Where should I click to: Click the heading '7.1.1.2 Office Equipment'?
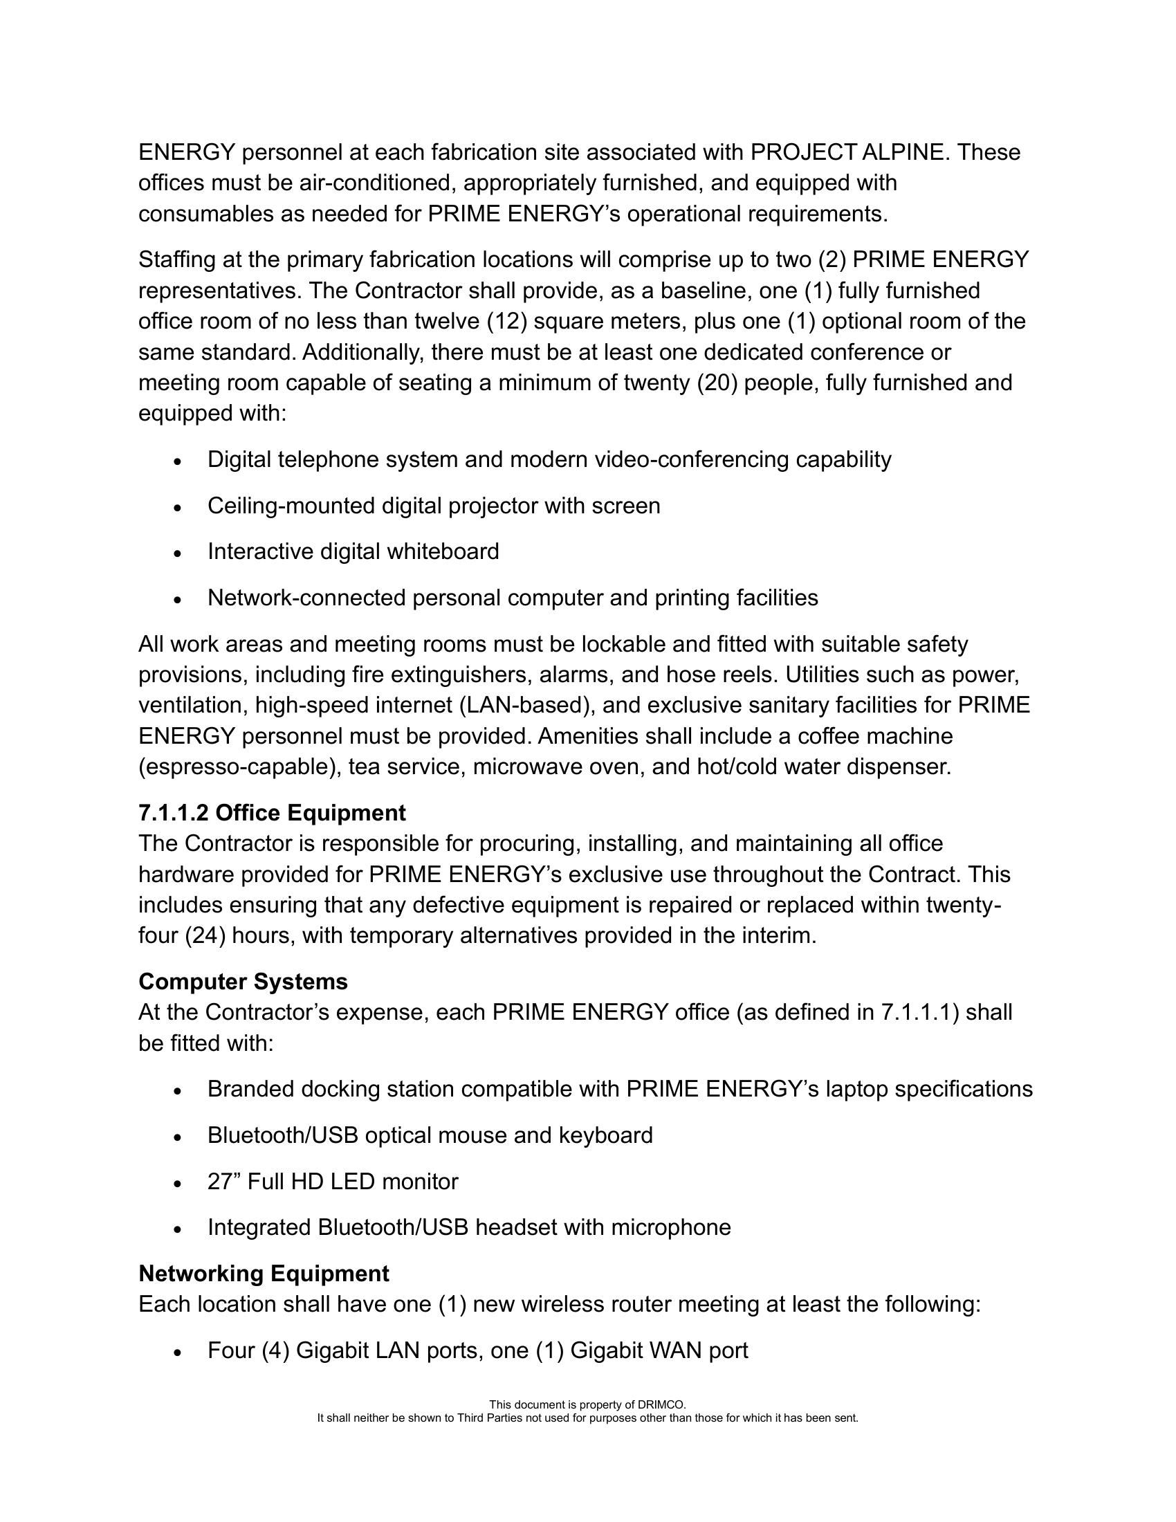tap(272, 813)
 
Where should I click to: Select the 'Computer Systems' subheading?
tap(242, 981)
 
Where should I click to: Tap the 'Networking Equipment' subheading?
tap(264, 1273)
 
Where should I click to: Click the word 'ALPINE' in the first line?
tap(903, 152)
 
